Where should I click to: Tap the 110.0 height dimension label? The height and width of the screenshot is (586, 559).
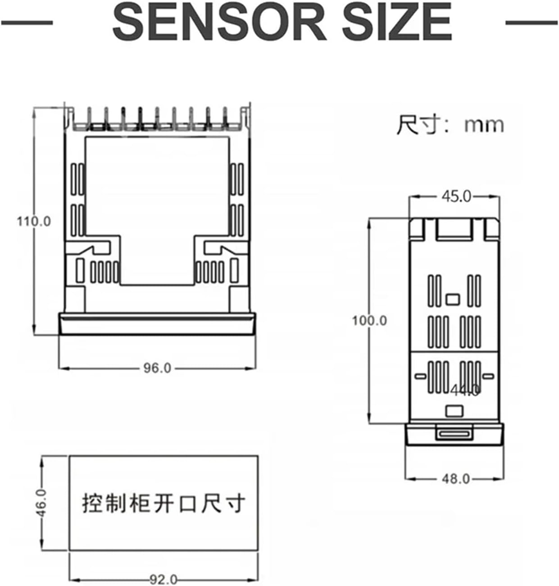tap(34, 222)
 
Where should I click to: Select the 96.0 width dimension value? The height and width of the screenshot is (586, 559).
tap(157, 368)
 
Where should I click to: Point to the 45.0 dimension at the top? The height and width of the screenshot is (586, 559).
tap(456, 196)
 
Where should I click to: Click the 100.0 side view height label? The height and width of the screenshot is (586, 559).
tap(369, 320)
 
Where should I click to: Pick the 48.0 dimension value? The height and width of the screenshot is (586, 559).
tap(455, 478)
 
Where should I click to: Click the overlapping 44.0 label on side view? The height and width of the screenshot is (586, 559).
tap(465, 391)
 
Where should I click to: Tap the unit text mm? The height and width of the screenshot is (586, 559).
tap(484, 125)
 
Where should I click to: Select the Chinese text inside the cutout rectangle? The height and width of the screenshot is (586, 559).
tap(164, 503)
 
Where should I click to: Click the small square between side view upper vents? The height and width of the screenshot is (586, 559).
tap(452, 299)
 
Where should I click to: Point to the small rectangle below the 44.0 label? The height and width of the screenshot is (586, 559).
tap(454, 411)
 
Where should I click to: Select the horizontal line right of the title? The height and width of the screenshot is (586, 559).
tap(532, 22)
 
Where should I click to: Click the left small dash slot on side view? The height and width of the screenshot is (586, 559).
tap(420, 376)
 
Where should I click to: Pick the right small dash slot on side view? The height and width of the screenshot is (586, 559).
tap(488, 376)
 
